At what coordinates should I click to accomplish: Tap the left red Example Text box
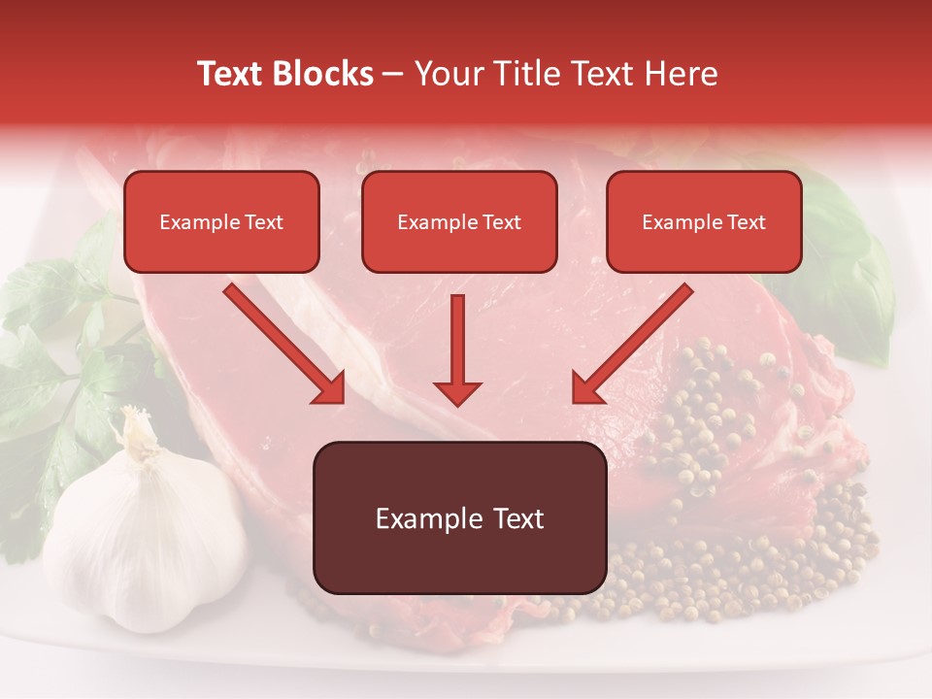221,222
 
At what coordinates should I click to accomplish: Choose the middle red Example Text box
459,222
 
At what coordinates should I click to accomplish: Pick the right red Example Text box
704,222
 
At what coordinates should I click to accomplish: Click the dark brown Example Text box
459,518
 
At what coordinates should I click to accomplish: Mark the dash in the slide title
393,75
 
